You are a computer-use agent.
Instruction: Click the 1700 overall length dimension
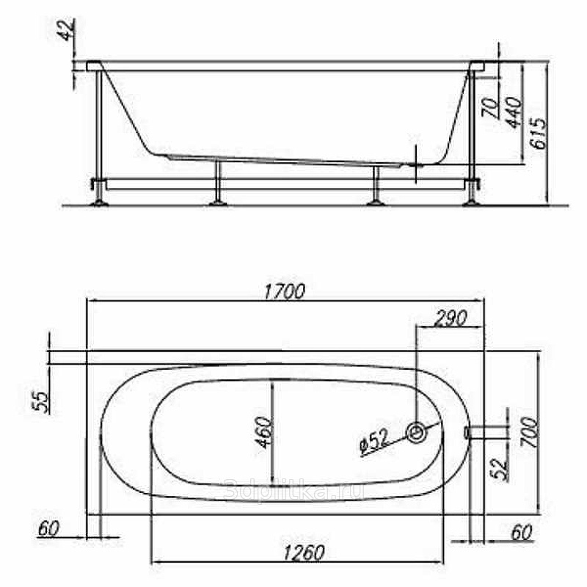coord(285,291)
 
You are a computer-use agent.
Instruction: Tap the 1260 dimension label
coord(304,553)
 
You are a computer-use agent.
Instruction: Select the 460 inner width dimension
coord(263,432)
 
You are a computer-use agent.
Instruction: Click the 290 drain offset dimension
coord(451,318)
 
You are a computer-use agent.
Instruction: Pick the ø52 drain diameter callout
coord(374,442)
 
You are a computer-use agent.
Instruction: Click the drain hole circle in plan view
coord(417,432)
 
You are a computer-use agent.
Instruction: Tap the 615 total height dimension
coord(539,134)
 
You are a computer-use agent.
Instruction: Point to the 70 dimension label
coord(491,108)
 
